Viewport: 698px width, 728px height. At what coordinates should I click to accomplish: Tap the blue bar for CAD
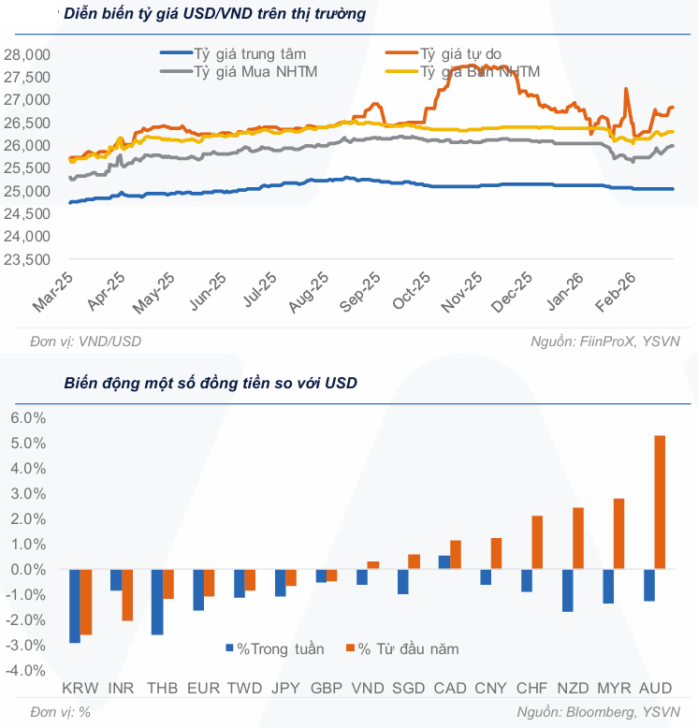(x=444, y=562)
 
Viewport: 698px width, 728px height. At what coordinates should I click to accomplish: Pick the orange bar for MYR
(x=618, y=533)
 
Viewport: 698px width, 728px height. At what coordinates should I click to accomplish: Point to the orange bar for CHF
(x=537, y=543)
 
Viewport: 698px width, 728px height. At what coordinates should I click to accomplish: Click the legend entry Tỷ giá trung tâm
(x=249, y=54)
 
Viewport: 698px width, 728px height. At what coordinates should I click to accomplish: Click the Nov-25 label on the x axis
(x=462, y=292)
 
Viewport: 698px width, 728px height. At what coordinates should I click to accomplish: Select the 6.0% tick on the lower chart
(x=27, y=417)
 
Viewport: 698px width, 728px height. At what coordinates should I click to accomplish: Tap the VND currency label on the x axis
(x=366, y=689)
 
